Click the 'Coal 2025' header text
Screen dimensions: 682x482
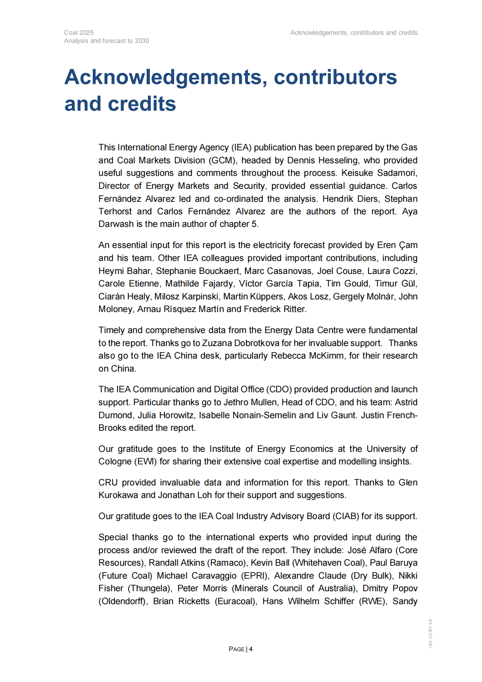[79, 33]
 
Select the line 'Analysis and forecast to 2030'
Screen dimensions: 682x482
[106, 41]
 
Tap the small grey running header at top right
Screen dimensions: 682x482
[354, 33]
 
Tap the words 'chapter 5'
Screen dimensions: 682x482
[241, 224]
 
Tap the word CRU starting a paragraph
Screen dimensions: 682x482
[108, 483]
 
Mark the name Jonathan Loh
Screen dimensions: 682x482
[185, 495]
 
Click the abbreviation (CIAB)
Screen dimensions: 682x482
[346, 516]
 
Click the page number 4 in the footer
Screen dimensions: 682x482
[251, 649]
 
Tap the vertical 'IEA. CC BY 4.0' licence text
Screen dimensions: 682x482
[431, 633]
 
